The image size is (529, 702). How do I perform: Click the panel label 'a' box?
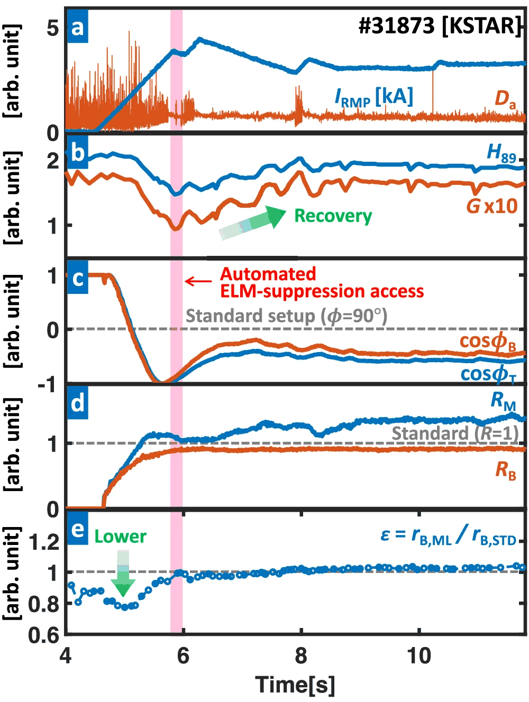coord(78,27)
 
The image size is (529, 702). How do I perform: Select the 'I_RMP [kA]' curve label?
coord(373,97)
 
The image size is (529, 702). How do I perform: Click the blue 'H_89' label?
coord(501,153)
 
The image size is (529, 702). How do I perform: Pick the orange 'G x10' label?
coord(491,206)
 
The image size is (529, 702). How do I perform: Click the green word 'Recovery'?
coord(333,216)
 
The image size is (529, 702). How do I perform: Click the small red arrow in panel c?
coord(198,281)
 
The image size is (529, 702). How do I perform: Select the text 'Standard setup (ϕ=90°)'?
coord(286,316)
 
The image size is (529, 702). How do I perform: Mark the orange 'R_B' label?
coord(505,469)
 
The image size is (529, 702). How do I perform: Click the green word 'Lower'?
coord(120,537)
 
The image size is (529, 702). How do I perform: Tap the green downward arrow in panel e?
coord(123,574)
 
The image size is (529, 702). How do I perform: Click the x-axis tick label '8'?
coord(301,656)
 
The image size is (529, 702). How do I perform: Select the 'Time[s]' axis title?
coord(295,685)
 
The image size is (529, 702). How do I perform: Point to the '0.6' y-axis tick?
coord(43,635)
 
